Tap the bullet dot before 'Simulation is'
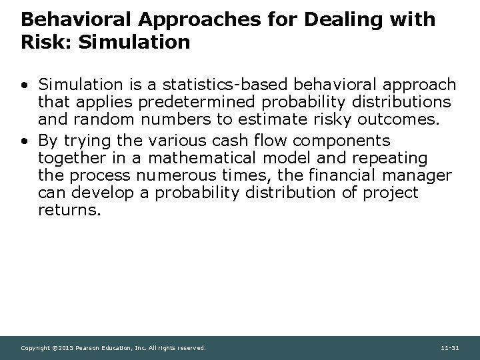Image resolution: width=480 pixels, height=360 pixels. [25, 85]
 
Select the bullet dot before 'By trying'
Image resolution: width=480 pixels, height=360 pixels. [25, 141]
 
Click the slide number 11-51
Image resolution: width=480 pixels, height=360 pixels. [449, 348]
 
